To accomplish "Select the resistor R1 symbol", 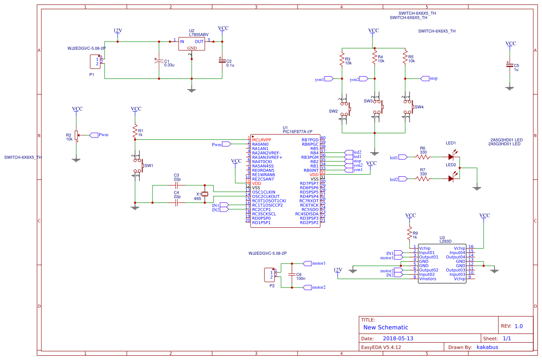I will pyautogui.click(x=135, y=131).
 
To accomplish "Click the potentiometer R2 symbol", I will pyautogui.click(x=76, y=135).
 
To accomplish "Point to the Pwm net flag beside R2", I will pyautogui.click(x=94, y=135).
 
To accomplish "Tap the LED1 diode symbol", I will pyautogui.click(x=451, y=157).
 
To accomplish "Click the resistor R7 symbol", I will pyautogui.click(x=422, y=178).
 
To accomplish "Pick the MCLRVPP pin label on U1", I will pyautogui.click(x=261, y=140).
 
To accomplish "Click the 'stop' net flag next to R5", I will pyautogui.click(x=425, y=78).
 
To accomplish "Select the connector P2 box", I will pyautogui.click(x=270, y=275).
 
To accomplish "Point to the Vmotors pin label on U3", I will pyautogui.click(x=427, y=279).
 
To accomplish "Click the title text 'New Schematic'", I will pyautogui.click(x=386, y=327).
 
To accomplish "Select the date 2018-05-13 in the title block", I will pyautogui.click(x=398, y=338).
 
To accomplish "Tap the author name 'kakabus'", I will pyautogui.click(x=487, y=347).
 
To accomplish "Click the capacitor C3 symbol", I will pyautogui.click(x=176, y=185).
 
